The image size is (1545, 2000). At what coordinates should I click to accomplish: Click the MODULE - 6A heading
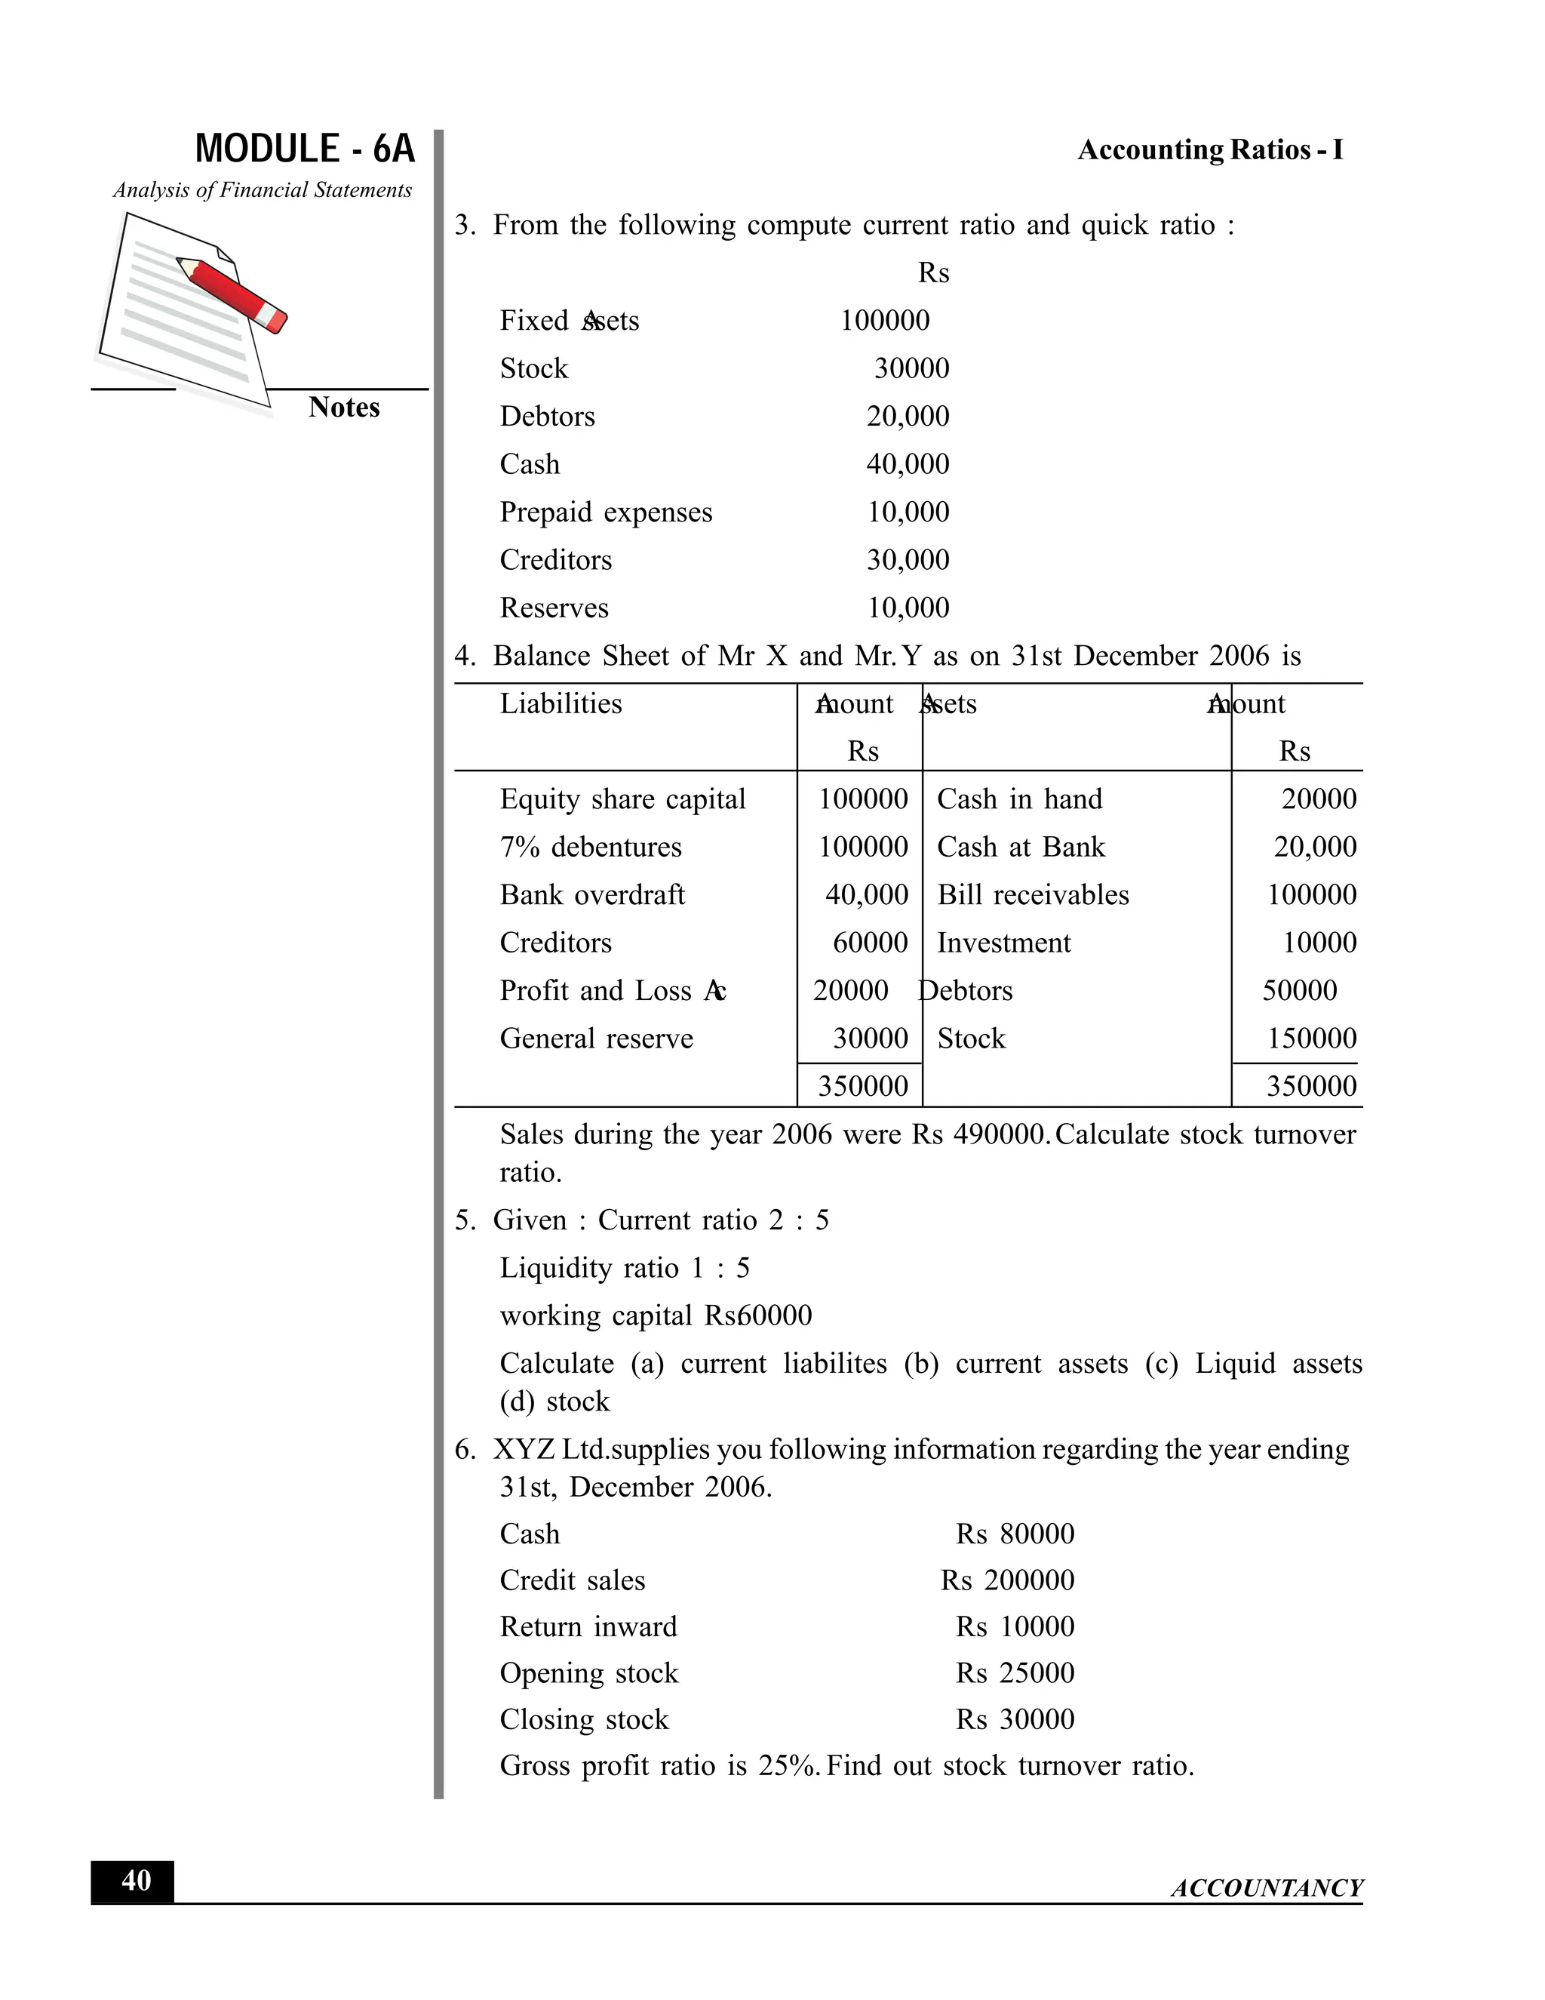click(304, 149)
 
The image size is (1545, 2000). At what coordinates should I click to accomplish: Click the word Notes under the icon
click(343, 408)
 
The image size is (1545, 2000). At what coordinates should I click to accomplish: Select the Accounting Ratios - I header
click(1209, 150)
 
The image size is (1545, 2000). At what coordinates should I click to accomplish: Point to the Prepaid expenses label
click(605, 512)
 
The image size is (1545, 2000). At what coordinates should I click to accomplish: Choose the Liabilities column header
click(561, 703)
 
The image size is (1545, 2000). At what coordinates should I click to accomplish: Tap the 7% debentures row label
click(591, 847)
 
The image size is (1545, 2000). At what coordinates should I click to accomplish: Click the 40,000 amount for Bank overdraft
click(866, 894)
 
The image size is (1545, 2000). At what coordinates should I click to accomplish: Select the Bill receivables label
click(1033, 894)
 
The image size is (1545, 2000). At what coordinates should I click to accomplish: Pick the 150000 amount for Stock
click(1310, 1038)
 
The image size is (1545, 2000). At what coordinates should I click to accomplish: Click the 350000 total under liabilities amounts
click(862, 1086)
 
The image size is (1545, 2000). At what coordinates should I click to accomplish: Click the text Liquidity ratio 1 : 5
click(624, 1269)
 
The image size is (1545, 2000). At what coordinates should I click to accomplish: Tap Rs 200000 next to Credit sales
click(1007, 1580)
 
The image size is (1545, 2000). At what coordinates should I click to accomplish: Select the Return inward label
click(588, 1627)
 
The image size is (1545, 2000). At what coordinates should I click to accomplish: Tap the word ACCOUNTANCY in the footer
click(1266, 1888)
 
